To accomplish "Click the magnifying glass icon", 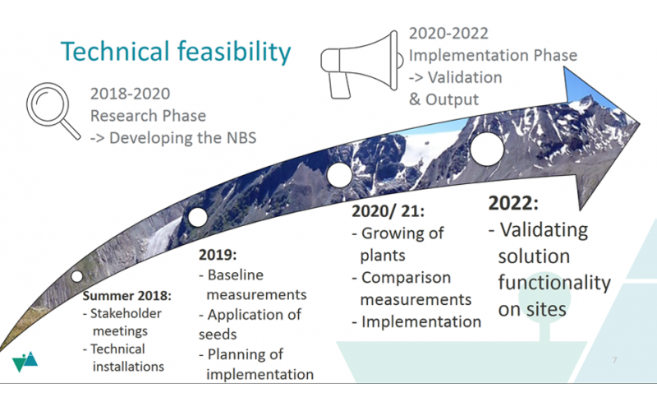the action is (x=46, y=105).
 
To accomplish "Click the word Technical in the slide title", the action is (x=115, y=52).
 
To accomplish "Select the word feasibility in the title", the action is (x=234, y=52).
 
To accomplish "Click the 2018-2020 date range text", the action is (x=131, y=94).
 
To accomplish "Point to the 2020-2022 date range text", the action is (x=448, y=33).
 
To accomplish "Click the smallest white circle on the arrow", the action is (x=76, y=276).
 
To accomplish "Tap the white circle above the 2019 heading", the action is (x=198, y=217).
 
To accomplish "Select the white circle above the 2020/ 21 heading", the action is (x=339, y=175).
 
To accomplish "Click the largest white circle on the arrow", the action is (x=487, y=149).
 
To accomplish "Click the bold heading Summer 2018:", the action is (x=127, y=296).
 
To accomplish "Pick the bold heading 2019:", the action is (x=218, y=255).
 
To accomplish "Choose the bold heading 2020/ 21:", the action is (x=388, y=211).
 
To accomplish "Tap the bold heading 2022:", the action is (x=513, y=203).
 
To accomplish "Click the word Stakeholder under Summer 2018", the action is (x=126, y=313).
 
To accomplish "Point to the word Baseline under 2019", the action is (x=236, y=275).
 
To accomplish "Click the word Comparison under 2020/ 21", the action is (x=406, y=278).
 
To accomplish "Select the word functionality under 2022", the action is (x=554, y=283).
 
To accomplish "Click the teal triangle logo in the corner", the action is (x=25, y=362).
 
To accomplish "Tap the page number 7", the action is (x=614, y=360).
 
